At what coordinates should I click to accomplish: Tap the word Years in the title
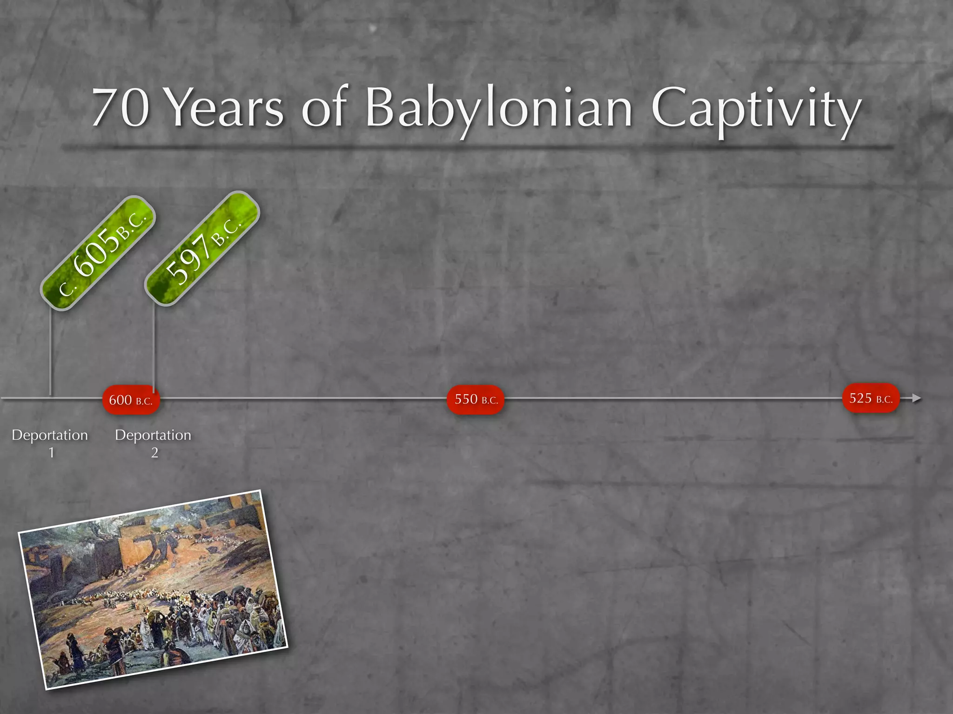[x=225, y=108]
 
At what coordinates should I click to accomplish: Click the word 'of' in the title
[x=324, y=108]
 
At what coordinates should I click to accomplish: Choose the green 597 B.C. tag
[x=202, y=249]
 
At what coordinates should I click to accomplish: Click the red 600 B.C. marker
[x=131, y=400]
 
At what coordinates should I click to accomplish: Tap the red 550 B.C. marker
[x=476, y=399]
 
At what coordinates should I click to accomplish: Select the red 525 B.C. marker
[x=871, y=398]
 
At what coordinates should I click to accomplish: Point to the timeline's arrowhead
[x=916, y=398]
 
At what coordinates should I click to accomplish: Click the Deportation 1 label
[x=50, y=435]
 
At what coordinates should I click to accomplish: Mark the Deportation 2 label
[x=153, y=435]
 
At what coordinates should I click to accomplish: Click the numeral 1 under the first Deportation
[x=51, y=452]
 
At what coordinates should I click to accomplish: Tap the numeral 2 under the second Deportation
[x=154, y=452]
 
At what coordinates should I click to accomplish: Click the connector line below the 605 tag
[x=51, y=353]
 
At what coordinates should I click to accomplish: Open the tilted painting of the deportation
[x=153, y=589]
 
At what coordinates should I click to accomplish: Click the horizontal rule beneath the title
[x=477, y=148]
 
